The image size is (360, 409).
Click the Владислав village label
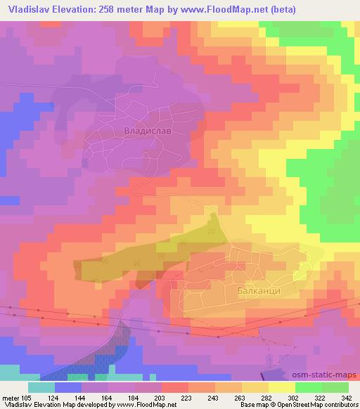click(x=147, y=131)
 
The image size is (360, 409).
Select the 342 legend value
click(x=346, y=397)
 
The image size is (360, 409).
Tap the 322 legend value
click(x=319, y=397)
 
